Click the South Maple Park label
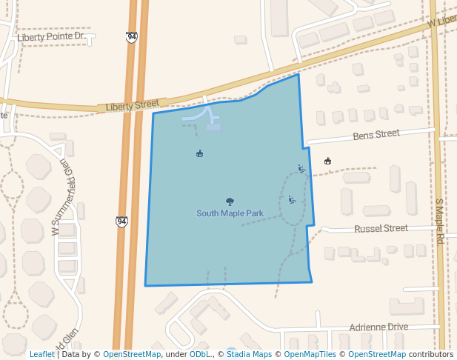pos(230,213)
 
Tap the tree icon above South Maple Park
pos(230,201)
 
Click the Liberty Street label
pos(133,106)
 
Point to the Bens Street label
pos(376,135)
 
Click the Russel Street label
pos(381,228)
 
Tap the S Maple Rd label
pos(438,221)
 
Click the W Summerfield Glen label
pos(59,199)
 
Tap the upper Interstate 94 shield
pos(131,37)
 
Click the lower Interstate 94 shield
pos(121,221)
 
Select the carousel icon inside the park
pos(199,153)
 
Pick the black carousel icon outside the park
pos(328,161)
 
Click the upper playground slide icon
pos(301,169)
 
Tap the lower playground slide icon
pos(292,199)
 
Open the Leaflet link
pos(42,354)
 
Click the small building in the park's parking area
pos(213,127)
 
